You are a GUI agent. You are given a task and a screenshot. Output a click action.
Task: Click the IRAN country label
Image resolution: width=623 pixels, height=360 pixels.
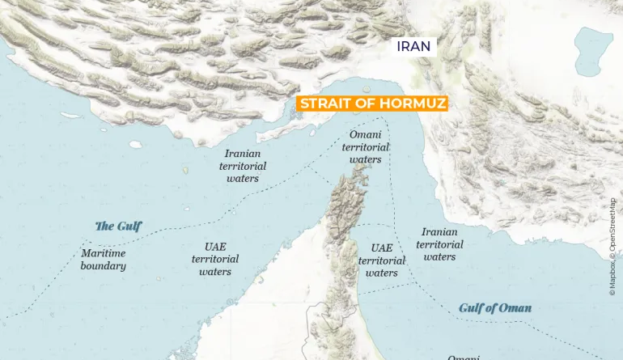click(414, 47)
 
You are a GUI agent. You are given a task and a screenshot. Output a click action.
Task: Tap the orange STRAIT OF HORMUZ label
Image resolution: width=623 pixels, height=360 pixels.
click(372, 104)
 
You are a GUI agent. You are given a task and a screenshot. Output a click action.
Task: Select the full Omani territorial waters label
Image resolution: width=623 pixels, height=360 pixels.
click(366, 147)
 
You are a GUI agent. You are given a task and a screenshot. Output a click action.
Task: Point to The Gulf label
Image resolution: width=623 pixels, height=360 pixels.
click(118, 227)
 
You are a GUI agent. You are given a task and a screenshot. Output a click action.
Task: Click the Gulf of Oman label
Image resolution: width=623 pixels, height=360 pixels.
click(495, 308)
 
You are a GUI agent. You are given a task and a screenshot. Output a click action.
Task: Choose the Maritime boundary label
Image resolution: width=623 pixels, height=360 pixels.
click(104, 260)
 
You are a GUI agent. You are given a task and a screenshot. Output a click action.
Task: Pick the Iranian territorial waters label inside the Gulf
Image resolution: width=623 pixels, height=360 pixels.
click(243, 166)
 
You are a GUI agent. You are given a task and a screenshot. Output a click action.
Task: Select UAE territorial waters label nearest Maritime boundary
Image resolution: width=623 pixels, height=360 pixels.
click(215, 260)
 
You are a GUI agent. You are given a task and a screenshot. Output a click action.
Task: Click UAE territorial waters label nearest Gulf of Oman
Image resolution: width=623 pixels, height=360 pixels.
click(382, 260)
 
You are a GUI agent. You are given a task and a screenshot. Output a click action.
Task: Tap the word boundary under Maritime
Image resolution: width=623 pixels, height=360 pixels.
click(104, 266)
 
